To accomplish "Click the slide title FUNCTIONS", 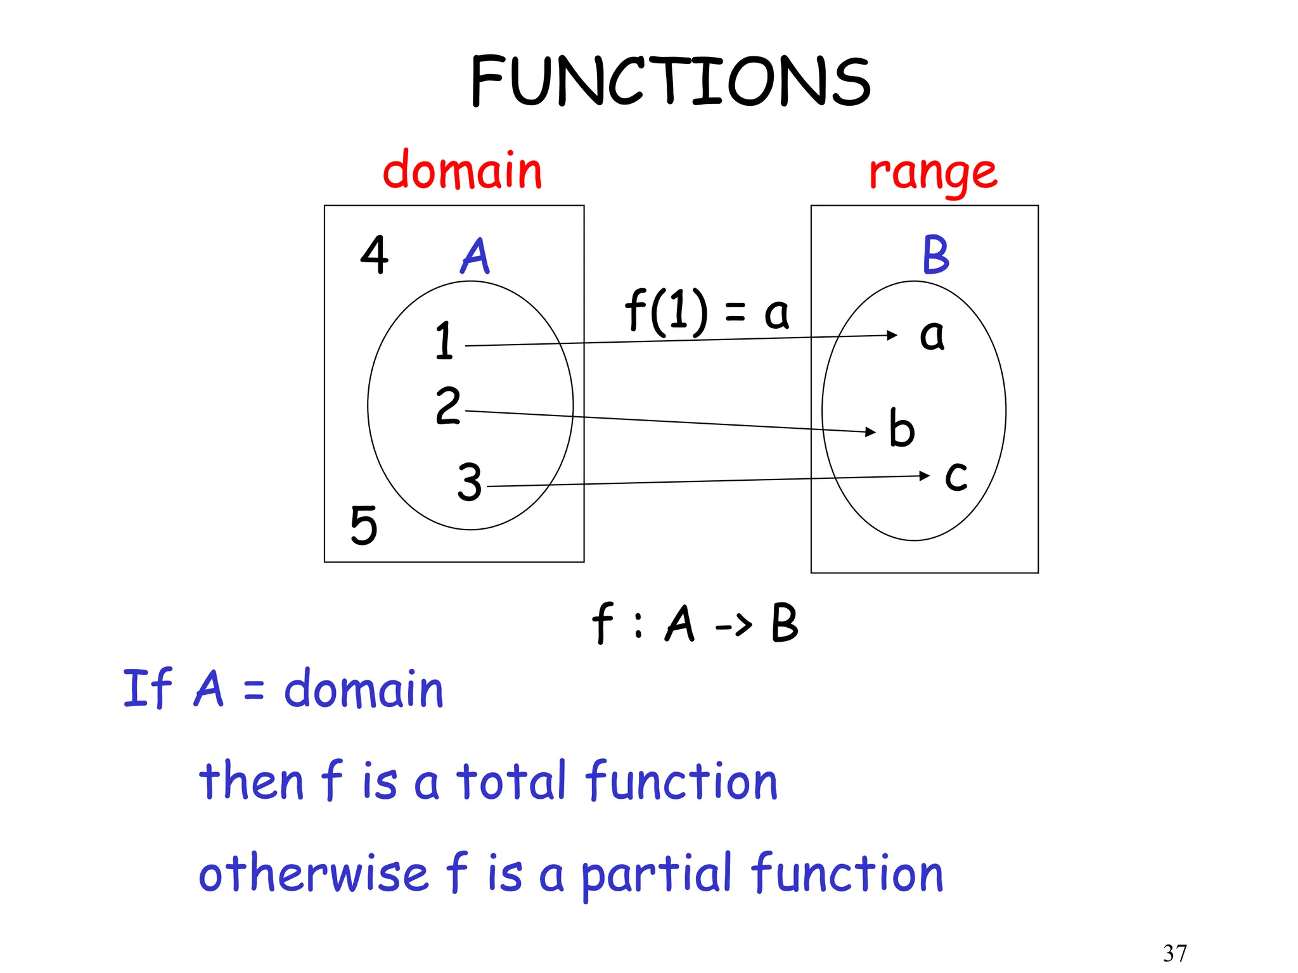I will click(671, 81).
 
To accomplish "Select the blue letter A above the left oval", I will click(475, 256).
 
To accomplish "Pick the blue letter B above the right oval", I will click(935, 255).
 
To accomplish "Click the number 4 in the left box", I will click(374, 255).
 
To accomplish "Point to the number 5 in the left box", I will click(364, 525).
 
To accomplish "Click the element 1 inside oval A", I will click(444, 341).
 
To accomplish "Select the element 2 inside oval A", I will click(447, 405).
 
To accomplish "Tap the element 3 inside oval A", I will click(470, 482).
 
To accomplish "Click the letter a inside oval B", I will click(932, 335).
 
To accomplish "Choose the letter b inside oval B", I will click(901, 428).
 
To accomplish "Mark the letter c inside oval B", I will click(956, 476).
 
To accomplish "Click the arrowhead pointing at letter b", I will click(871, 432).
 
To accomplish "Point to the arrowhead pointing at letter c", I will click(925, 475).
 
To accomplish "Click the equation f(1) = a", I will click(707, 312).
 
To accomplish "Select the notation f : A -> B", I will click(695, 623).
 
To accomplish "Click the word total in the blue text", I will click(511, 781).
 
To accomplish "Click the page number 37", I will click(1174, 953).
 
